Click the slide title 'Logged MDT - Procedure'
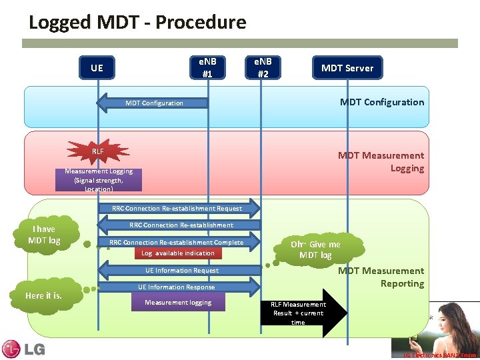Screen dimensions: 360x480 137,22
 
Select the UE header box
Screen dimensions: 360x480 97,68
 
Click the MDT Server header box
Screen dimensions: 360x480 347,68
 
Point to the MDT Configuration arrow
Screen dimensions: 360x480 153,103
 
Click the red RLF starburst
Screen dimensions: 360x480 98,151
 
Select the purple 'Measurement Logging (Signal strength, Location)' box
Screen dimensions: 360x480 99,179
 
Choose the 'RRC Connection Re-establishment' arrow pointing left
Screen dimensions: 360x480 180,225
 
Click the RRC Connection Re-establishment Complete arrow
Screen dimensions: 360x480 177,242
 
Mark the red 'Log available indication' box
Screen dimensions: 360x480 178,253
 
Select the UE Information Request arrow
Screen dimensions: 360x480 181,271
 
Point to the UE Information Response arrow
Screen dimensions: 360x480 177,287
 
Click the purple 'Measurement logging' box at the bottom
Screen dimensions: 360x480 178,303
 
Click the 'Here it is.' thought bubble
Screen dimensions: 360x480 43,295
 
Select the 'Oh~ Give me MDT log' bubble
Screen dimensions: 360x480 315,249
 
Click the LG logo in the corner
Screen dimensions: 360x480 23,349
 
